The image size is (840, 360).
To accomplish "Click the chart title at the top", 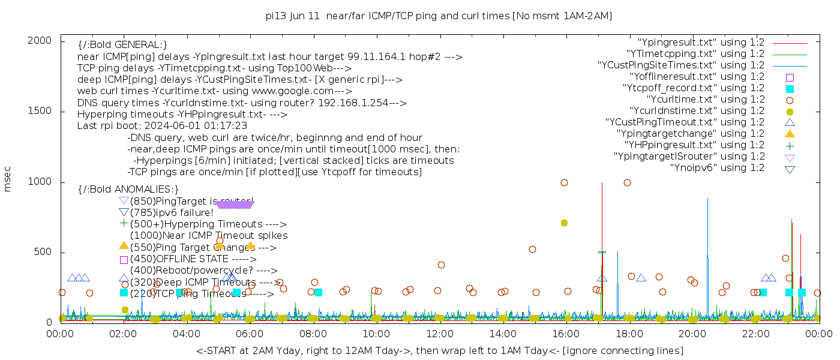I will coord(439,16).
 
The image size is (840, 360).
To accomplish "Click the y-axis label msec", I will coord(8,179).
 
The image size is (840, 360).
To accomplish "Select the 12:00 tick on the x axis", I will coord(440,333).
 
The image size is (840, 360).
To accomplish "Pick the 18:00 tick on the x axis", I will coord(629,333).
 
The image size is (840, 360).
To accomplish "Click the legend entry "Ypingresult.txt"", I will coord(701,43).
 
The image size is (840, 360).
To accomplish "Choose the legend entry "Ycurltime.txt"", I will coord(706,100).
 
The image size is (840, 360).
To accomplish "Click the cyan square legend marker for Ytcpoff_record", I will coord(790,88).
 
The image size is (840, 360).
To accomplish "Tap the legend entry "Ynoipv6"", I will coord(717,168).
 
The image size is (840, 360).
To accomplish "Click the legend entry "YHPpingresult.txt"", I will coord(694,145).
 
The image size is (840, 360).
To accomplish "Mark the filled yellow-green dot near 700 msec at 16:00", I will coord(564,223).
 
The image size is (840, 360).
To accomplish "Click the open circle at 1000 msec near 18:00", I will coord(627,183).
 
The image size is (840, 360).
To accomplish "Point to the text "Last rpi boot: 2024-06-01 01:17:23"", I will coord(162,126).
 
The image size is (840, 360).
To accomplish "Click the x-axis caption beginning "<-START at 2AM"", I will coord(439,350).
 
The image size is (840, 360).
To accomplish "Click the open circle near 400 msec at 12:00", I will coord(441,265).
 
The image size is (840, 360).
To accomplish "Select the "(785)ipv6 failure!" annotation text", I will coord(172,212).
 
